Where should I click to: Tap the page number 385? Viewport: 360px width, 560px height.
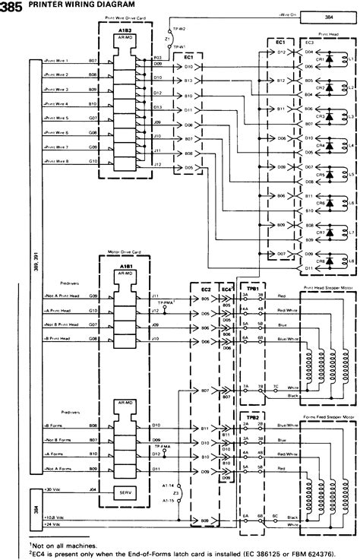pos(11,5)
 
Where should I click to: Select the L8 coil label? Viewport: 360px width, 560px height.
pos(350,261)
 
